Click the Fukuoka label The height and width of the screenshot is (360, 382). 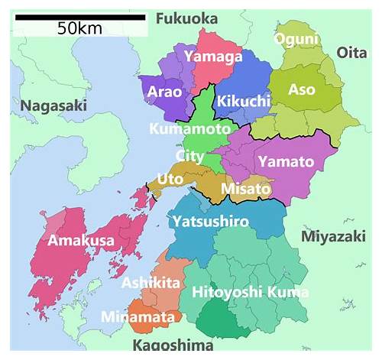tap(186, 18)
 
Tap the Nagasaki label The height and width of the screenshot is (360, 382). tap(53, 106)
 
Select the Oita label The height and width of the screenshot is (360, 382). tap(352, 52)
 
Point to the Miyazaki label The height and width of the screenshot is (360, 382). tap(334, 236)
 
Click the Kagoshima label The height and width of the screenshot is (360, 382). tap(173, 345)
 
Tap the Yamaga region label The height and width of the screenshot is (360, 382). tap(213, 56)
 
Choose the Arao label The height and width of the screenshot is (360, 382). tap(163, 92)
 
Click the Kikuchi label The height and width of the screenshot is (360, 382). tap(243, 101)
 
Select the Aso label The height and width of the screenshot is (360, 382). tap(302, 90)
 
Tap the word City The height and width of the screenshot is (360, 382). tap(189, 156)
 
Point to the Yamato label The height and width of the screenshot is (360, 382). tap(286, 161)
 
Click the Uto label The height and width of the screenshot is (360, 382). tap(170, 180)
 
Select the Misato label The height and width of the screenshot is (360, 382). tap(246, 188)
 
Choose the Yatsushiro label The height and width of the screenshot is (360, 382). tap(210, 222)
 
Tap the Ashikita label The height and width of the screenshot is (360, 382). tap(151, 283)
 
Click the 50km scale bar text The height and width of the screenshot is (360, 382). tap(80, 28)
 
